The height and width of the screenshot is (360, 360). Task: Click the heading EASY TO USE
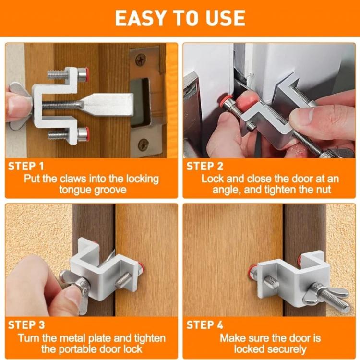click(180, 18)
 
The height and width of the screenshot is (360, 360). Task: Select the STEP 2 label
click(204, 167)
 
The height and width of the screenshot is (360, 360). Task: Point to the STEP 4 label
click(205, 325)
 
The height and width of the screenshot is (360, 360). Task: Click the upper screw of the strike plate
click(141, 60)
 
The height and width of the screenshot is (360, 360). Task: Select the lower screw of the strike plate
click(143, 144)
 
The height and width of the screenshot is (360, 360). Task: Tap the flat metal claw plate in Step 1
click(106, 103)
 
